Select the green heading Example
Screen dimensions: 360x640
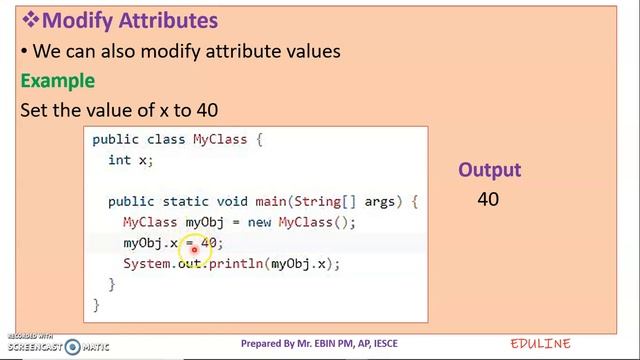[x=58, y=80]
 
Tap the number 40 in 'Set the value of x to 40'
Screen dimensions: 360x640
[x=206, y=110]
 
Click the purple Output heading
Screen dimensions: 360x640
[x=490, y=170]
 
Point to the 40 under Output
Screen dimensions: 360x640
[x=488, y=199]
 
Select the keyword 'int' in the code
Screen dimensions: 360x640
[x=119, y=160]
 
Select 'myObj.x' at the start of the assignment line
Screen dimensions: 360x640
[x=150, y=243]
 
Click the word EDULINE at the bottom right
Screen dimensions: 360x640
[x=540, y=344]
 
